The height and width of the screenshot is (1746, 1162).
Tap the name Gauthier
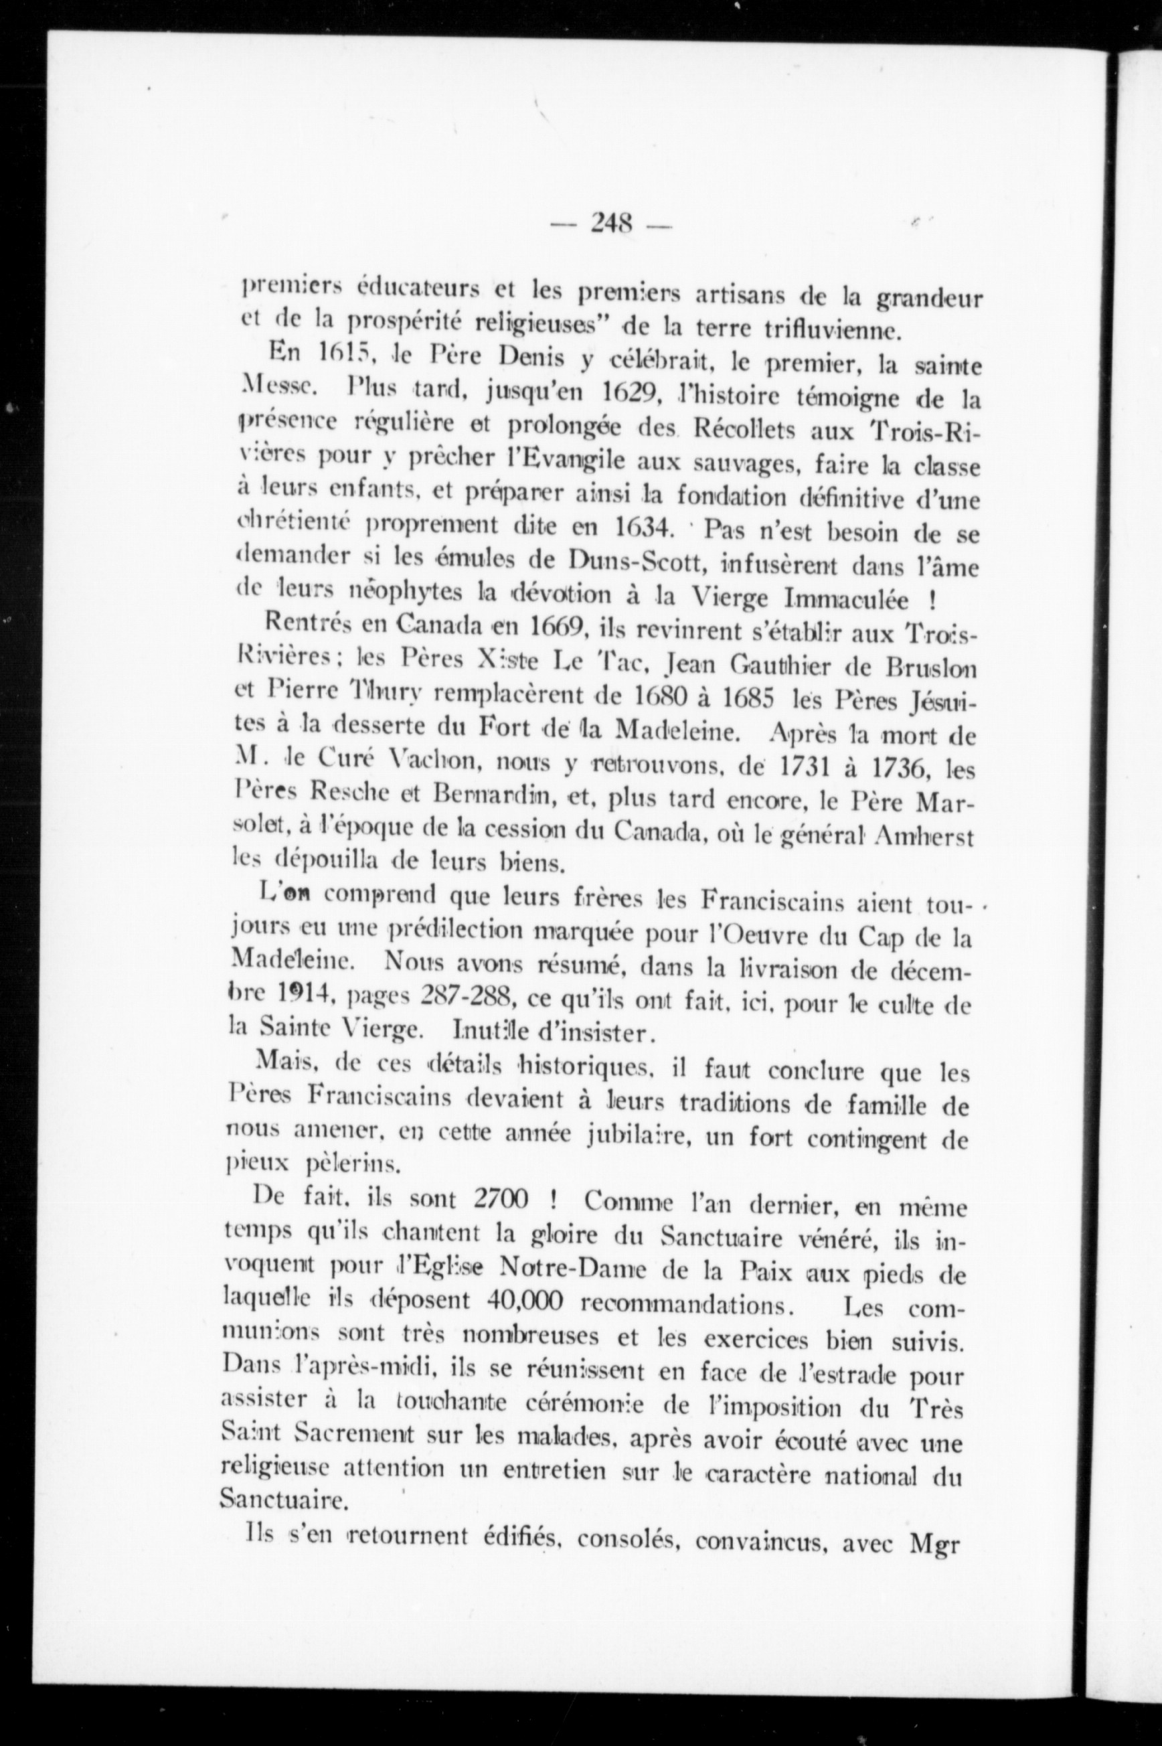782,667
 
